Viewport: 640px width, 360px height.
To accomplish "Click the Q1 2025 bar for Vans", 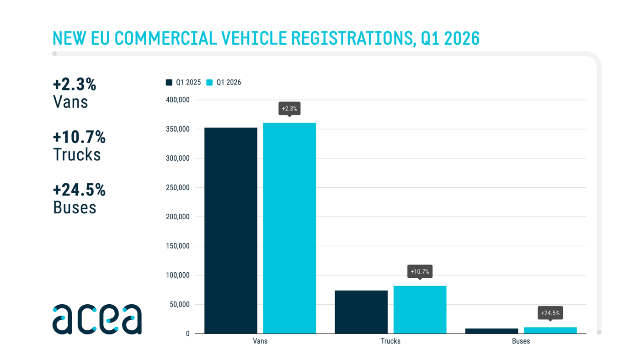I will (230, 230).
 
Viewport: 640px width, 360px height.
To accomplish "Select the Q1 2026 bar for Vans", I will (289, 228).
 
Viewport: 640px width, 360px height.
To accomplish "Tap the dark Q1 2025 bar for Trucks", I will (361, 312).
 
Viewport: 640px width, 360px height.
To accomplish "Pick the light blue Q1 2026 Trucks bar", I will (420, 310).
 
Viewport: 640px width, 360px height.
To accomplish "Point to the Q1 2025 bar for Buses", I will (491, 331).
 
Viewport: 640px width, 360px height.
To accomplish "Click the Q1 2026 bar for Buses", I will (550, 330).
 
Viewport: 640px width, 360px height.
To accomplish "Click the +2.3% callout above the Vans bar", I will (289, 109).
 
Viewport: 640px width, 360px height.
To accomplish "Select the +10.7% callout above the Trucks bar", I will (420, 272).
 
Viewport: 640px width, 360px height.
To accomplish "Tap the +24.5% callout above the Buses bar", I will (550, 313).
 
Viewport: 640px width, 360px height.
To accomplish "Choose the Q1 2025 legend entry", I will (183, 82).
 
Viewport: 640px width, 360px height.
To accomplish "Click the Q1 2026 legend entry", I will (224, 82).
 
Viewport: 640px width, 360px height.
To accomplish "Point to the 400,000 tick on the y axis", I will (177, 100).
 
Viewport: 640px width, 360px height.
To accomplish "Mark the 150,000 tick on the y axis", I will (177, 246).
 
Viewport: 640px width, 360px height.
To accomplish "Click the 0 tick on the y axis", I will (187, 334).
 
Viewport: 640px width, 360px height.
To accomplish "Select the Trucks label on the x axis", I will (390, 341).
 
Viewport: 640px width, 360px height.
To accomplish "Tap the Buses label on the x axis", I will (521, 341).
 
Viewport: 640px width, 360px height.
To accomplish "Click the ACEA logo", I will (97, 319).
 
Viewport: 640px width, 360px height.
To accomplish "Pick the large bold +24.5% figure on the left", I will (79, 190).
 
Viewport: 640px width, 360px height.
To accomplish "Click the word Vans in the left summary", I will (70, 102).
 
